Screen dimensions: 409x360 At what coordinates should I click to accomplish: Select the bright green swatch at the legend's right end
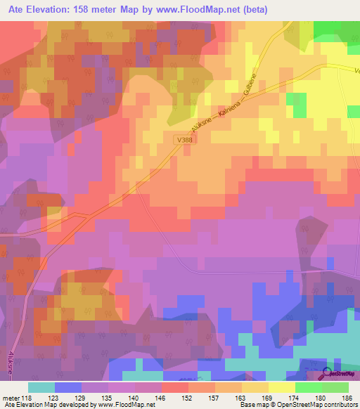335,387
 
